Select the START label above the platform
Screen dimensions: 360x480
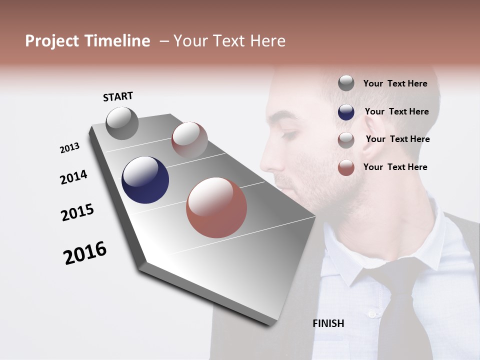[x=118, y=96]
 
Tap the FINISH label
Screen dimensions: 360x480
[x=328, y=323]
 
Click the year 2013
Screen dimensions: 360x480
[x=69, y=148]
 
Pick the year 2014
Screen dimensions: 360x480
[x=73, y=177]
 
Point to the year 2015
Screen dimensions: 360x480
[x=77, y=212]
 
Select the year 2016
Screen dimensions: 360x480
[x=85, y=253]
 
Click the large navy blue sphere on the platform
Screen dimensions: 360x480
[x=145, y=180]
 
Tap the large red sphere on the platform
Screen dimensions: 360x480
[x=216, y=207]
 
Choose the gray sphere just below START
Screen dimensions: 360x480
[x=122, y=123]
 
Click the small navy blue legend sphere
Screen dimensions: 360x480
[x=346, y=112]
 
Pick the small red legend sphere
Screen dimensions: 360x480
[x=346, y=167]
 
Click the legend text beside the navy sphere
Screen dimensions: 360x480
[x=396, y=111]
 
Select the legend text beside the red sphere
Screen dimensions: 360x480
[x=395, y=167]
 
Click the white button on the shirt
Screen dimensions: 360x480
[x=371, y=314]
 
